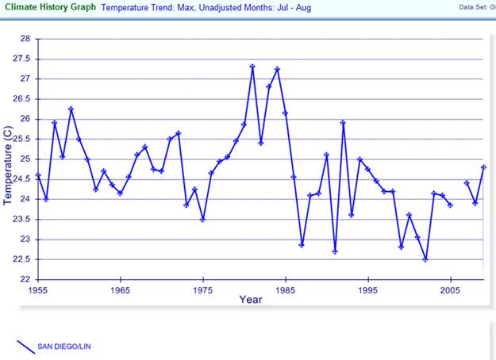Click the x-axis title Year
251,300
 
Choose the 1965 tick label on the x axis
121,289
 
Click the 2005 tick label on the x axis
450,289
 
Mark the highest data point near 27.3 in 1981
252,67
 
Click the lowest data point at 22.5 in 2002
425,259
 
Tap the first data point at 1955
38,175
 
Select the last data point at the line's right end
483,167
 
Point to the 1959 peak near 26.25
71,109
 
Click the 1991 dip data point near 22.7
335,251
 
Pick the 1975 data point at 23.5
202,219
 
